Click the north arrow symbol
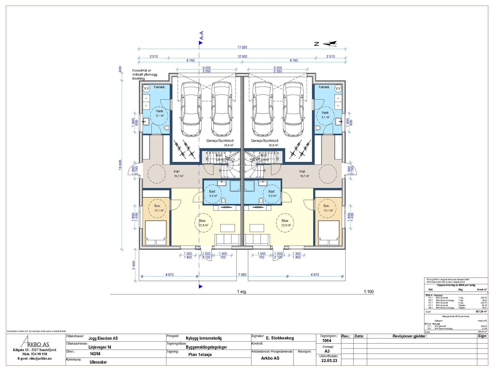330,44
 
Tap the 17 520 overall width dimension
242,47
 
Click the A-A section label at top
201,36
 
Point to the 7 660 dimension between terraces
242,275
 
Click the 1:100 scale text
369,292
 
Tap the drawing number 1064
327,340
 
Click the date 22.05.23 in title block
329,361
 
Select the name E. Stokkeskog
280,338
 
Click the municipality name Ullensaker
98,362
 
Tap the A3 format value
327,351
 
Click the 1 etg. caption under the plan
242,292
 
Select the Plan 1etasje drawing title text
200,355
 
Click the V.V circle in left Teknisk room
146,88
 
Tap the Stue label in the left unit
202,221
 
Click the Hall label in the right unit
302,171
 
